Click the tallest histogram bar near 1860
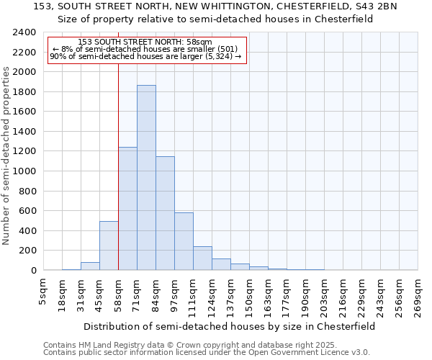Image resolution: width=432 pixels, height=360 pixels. (x=146, y=178)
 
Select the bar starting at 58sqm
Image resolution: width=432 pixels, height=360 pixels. (x=127, y=209)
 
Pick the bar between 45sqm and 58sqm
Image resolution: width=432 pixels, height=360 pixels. (x=109, y=246)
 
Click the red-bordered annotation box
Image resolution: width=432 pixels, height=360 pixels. (x=148, y=50)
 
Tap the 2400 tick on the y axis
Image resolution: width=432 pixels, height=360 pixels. (x=24, y=33)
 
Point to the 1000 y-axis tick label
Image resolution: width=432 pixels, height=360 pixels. (x=24, y=171)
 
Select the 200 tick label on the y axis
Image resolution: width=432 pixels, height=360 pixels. (x=27, y=251)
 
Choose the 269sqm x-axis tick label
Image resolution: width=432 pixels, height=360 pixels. (x=418, y=297)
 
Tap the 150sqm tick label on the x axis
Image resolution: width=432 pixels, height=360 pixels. (x=249, y=296)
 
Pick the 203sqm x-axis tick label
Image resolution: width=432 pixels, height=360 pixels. (x=324, y=296)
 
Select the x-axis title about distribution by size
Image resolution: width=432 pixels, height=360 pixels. (x=230, y=326)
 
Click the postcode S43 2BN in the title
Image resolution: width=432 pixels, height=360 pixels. (x=371, y=6)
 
